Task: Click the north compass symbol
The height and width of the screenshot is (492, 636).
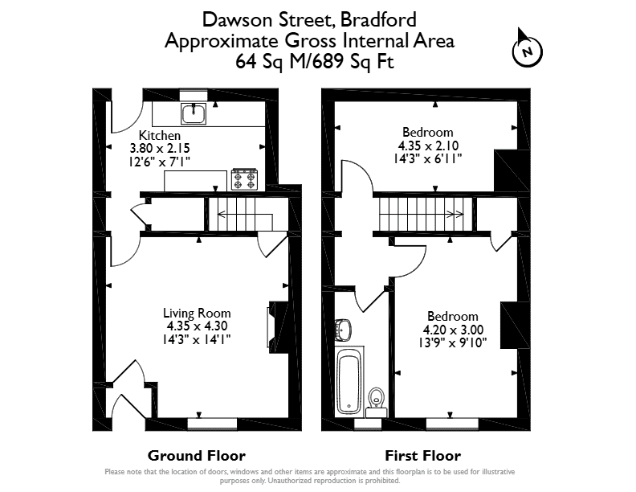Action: pos(528,51)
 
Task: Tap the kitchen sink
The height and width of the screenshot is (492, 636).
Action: pos(194,113)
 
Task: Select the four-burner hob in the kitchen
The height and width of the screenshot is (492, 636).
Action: pos(245,179)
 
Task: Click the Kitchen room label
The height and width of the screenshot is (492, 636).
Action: pos(160,135)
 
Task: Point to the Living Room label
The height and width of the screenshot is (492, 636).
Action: pos(197,313)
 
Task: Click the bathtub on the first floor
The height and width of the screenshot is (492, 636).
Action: pos(349,380)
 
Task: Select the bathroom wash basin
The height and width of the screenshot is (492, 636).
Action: pos(343,330)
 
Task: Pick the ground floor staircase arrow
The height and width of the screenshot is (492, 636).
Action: pos(245,215)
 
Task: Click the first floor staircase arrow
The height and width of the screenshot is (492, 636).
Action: pos(422,214)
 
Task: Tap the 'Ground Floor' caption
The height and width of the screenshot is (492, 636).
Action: pos(197,456)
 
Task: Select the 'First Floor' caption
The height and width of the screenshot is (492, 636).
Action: pos(422,456)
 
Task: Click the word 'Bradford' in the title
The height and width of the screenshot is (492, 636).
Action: pos(378,19)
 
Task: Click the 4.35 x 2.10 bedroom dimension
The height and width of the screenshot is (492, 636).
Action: pos(428,146)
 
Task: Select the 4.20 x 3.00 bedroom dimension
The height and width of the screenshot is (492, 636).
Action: pos(453,330)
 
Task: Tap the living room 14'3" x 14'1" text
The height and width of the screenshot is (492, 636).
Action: pos(197,339)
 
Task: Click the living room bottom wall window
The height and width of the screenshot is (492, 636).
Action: pos(212,424)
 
